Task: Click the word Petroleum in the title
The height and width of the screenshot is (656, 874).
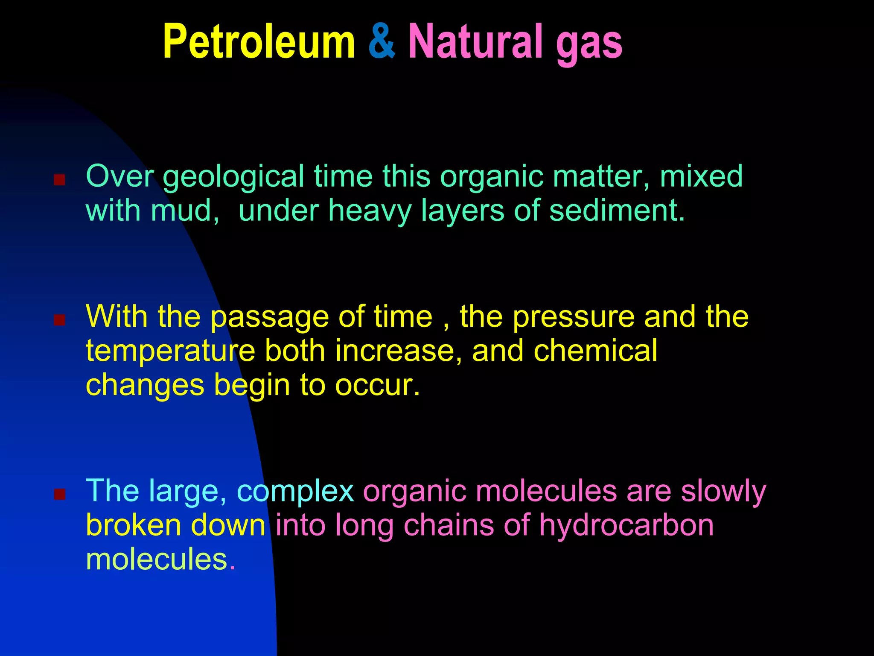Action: [259, 42]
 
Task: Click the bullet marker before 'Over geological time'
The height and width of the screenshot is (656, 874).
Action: [59, 179]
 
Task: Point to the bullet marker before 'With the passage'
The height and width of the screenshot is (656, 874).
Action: [59, 320]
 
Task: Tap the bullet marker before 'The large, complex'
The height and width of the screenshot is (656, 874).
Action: [59, 494]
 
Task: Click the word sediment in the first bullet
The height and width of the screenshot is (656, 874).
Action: [616, 211]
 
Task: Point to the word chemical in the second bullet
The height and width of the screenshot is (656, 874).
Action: [595, 351]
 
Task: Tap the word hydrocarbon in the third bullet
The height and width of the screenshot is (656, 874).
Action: [626, 526]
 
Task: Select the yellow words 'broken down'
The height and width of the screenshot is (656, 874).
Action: [176, 526]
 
